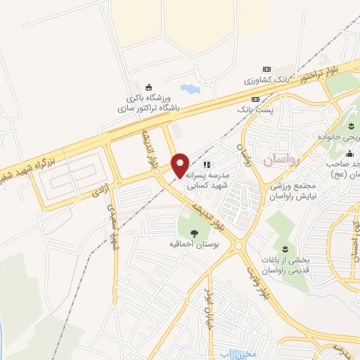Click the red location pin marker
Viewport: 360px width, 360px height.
click(180, 165)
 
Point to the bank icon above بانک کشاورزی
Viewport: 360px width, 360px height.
click(266, 69)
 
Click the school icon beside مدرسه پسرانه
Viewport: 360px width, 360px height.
click(207, 165)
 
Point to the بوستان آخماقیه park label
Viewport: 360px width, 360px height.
click(195, 244)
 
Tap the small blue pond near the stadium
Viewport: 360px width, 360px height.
click(189, 90)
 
